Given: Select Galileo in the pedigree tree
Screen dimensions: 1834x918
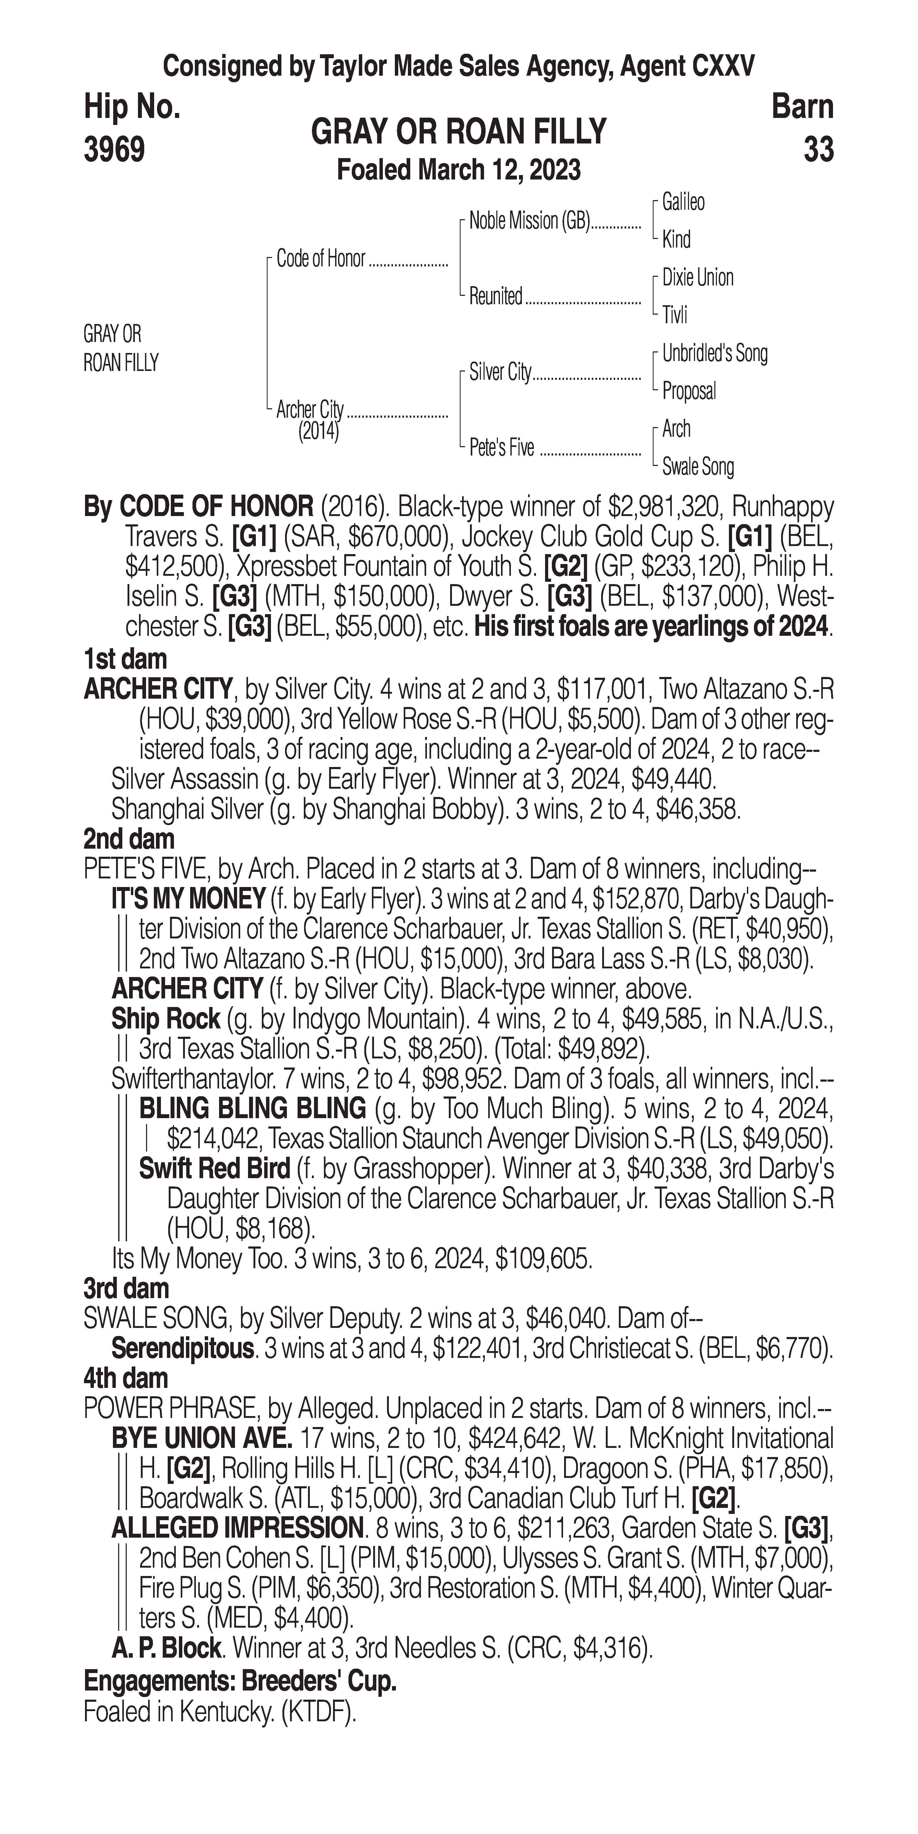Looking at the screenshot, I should click(683, 202).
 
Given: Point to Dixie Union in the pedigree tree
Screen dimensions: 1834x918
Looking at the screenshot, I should click(697, 278).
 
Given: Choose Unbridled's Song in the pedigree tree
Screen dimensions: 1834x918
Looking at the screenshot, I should click(715, 353).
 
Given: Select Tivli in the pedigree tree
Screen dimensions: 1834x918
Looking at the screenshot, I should click(675, 315).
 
